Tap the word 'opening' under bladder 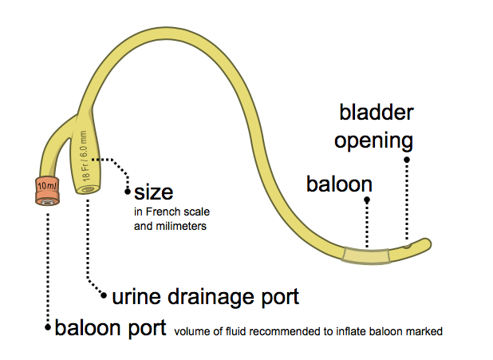(373, 141)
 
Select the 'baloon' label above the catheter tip (339, 185)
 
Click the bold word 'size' (153, 192)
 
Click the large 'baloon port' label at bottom (110, 327)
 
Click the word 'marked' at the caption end (424, 330)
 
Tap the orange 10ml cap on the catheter (45, 190)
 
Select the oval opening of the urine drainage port (88, 190)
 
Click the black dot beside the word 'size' (126, 192)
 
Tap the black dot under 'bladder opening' (407, 160)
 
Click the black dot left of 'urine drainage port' (104, 297)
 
